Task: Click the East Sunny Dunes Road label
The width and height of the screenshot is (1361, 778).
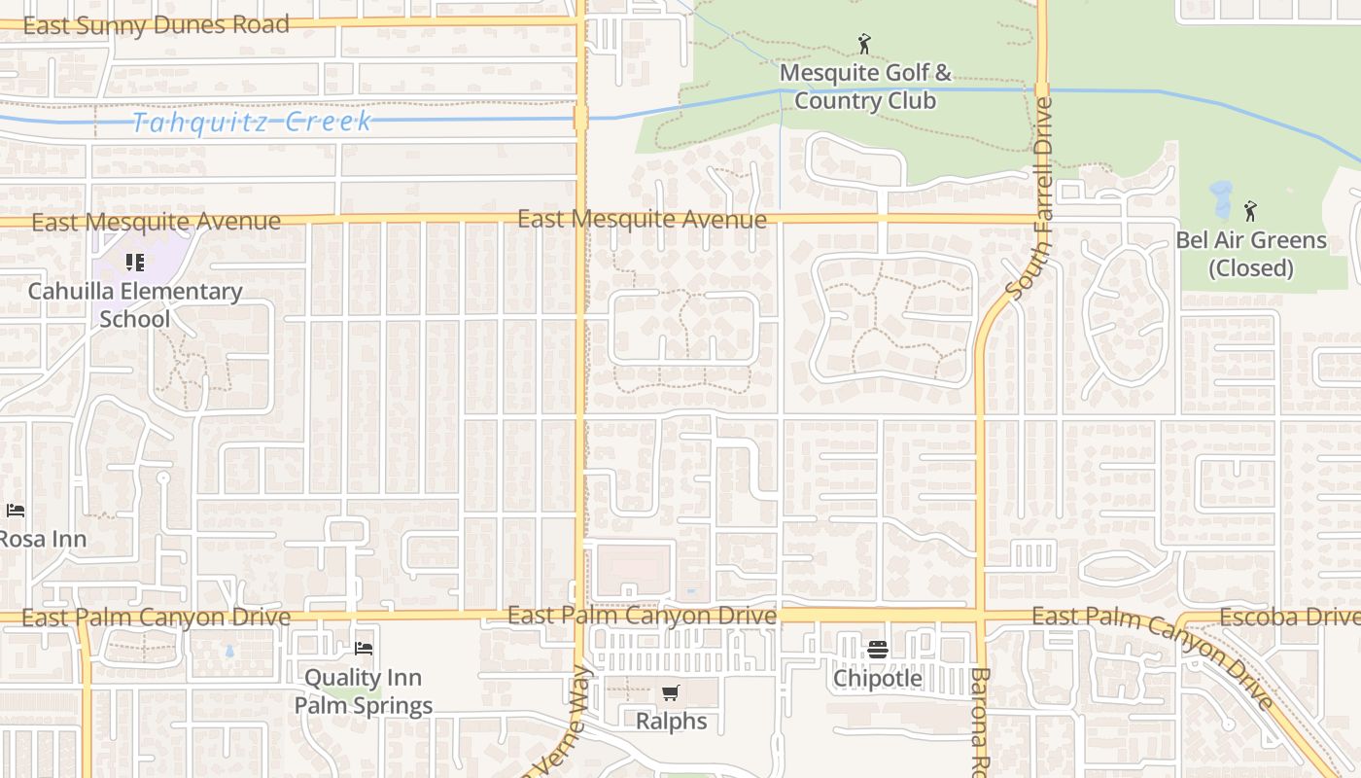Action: [x=156, y=24]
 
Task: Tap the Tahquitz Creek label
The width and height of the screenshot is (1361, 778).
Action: [x=252, y=122]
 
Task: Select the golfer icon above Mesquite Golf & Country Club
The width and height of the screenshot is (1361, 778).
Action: [x=864, y=44]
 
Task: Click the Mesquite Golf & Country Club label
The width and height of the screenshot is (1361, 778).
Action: [x=865, y=87]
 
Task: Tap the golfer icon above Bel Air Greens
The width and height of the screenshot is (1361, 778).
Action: [x=1250, y=210]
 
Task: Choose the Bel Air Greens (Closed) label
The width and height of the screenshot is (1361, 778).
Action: [x=1251, y=254]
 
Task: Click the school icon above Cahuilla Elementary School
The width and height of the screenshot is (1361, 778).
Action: [x=135, y=263]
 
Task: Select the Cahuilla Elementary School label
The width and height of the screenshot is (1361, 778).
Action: [x=135, y=304]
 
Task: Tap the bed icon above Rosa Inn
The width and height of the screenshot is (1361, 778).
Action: [x=15, y=511]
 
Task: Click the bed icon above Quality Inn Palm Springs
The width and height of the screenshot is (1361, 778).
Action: [x=364, y=649]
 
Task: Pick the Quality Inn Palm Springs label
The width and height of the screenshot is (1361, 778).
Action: [x=364, y=691]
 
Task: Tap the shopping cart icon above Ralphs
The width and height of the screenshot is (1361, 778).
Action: [x=670, y=693]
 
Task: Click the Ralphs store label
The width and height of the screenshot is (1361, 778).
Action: [x=671, y=722]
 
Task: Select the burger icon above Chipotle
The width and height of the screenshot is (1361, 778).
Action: [x=878, y=649]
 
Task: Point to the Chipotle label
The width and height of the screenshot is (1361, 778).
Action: [x=878, y=678]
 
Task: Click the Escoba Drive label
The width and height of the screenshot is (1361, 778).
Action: [x=1289, y=618]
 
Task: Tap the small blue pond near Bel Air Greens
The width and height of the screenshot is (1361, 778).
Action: [x=1221, y=199]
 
